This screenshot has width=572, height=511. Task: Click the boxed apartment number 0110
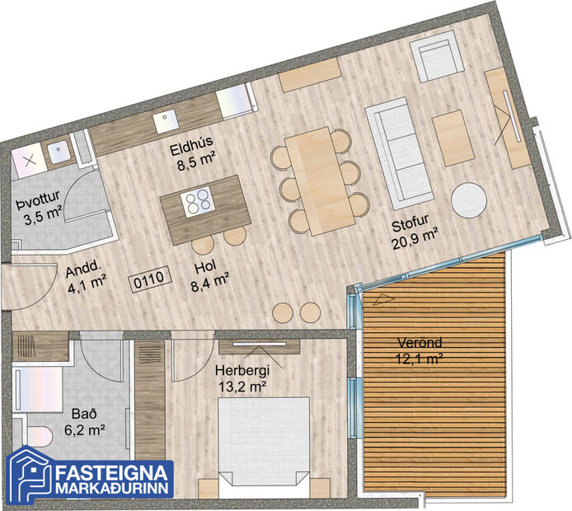point(149,279)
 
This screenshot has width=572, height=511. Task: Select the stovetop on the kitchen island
point(199,201)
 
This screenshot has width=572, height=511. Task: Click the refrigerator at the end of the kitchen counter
point(237,99)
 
